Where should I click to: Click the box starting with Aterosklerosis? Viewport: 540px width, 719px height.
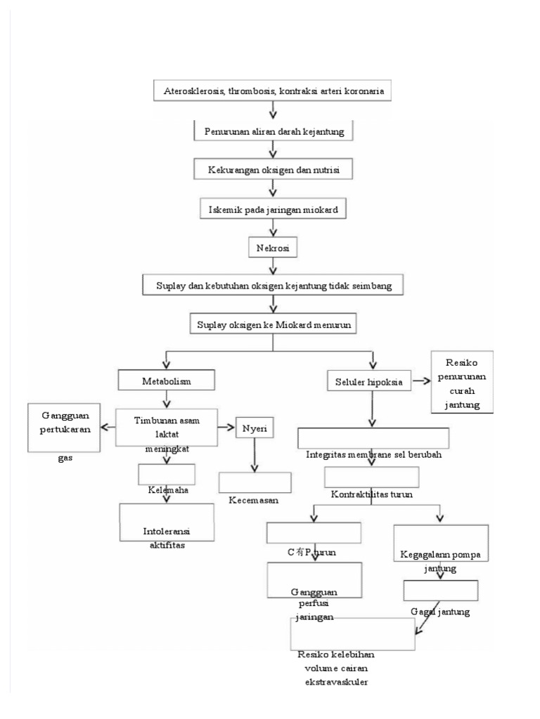pyautogui.click(x=274, y=92)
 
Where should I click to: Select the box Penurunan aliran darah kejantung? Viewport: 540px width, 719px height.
pyautogui.click(x=274, y=131)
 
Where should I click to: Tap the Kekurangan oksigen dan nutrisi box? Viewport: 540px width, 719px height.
pyautogui.click(x=274, y=170)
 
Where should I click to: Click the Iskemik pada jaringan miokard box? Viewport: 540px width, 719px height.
pyautogui.click(x=274, y=209)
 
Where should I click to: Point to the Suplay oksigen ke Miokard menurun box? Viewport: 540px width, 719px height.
pyautogui.click(x=274, y=324)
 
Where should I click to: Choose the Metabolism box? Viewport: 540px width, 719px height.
pyautogui.click(x=165, y=381)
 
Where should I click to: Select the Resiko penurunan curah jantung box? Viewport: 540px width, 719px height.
pyautogui.click(x=463, y=382)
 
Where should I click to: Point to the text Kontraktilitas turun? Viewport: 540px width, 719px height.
pyautogui.click(x=371, y=494)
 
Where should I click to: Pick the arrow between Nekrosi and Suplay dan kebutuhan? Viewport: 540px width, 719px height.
pyautogui.click(x=273, y=268)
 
